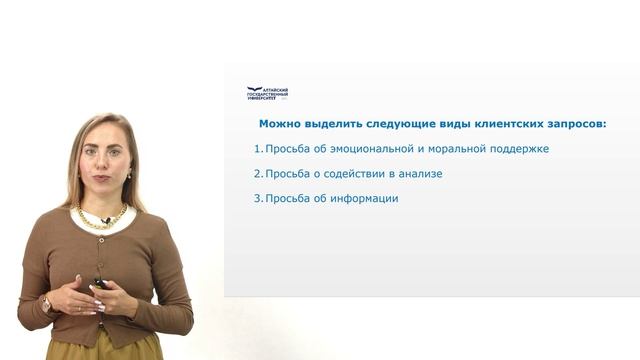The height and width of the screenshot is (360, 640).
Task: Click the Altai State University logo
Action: tap(267, 93)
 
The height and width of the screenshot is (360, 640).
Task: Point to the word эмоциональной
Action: tap(369, 149)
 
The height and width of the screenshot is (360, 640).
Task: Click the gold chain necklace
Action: tap(100, 215)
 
